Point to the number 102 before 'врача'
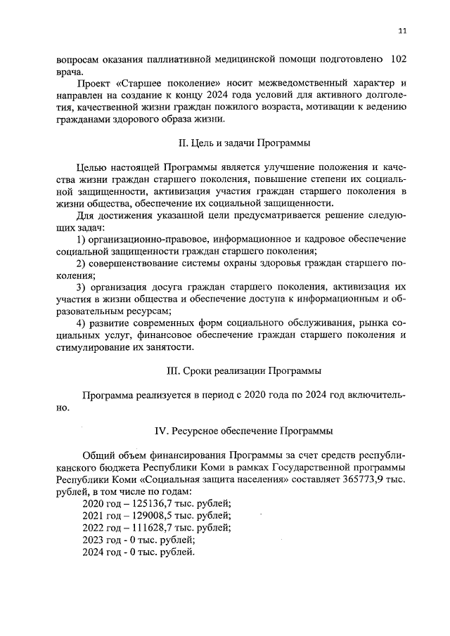click(398, 60)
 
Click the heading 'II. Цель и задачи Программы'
click(245, 143)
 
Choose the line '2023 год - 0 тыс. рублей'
click(139, 540)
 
